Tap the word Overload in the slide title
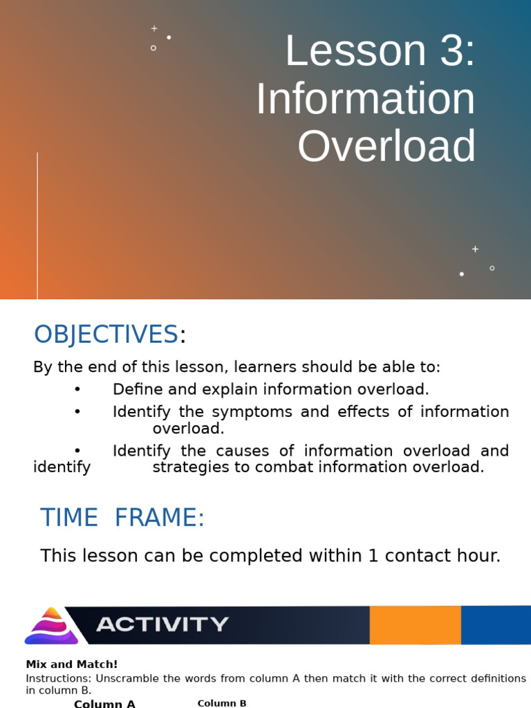(386, 146)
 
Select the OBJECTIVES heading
(106, 335)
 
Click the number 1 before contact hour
(373, 556)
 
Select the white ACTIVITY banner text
(162, 625)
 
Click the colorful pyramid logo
(52, 626)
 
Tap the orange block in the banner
(415, 625)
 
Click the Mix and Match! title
(72, 664)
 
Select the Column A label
(104, 704)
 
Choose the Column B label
(222, 703)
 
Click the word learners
(264, 367)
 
